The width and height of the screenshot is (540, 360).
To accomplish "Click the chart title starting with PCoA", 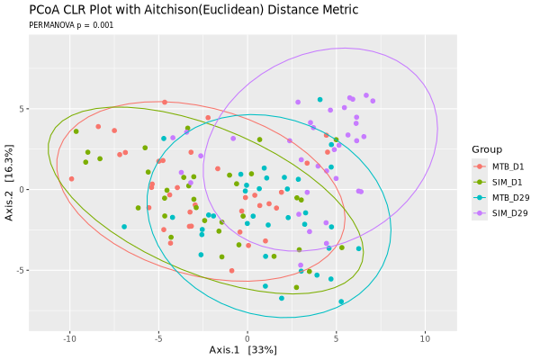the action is [193, 10].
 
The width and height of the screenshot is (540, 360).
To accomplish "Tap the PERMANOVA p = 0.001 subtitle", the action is [71, 25].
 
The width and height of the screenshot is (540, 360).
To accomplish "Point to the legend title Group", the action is [487, 149].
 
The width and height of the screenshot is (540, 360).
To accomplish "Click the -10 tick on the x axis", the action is [69, 339].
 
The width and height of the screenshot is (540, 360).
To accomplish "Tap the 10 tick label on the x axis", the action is [426, 339].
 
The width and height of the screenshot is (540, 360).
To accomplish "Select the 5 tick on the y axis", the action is [22, 109].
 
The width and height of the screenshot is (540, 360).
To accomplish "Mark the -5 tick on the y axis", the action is [21, 270].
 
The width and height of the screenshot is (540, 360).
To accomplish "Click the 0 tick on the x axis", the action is [247, 339].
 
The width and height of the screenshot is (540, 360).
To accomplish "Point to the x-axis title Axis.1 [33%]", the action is [243, 350].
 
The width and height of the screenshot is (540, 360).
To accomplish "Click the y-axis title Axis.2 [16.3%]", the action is [9, 183].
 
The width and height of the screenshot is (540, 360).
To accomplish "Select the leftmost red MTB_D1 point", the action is [72, 179].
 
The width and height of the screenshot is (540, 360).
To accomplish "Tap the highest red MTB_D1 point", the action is [165, 103].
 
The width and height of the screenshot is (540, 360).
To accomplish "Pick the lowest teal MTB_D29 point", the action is [341, 301].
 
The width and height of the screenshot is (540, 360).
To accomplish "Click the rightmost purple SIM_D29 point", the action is [373, 101].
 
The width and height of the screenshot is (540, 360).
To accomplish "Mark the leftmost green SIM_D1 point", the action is [76, 131].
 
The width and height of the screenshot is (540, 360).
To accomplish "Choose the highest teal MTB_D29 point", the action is [319, 100].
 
